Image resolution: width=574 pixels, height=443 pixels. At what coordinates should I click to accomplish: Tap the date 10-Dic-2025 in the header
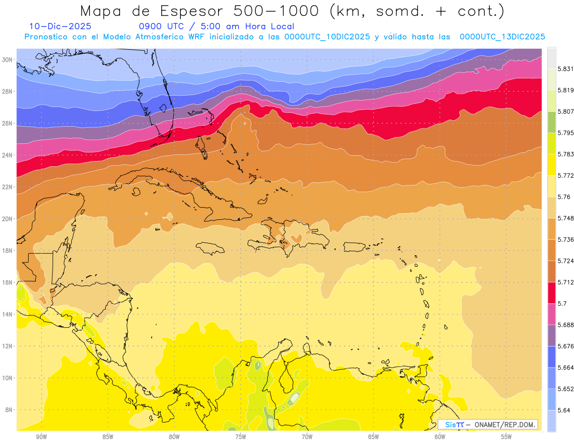(x=60, y=27)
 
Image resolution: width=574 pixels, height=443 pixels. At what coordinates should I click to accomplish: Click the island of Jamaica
(x=210, y=248)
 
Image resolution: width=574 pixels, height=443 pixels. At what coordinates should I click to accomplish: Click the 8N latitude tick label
(x=9, y=410)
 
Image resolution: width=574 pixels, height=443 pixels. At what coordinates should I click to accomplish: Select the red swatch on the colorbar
(x=552, y=292)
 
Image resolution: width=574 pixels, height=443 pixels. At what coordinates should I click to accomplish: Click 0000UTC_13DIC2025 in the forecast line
(x=502, y=37)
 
